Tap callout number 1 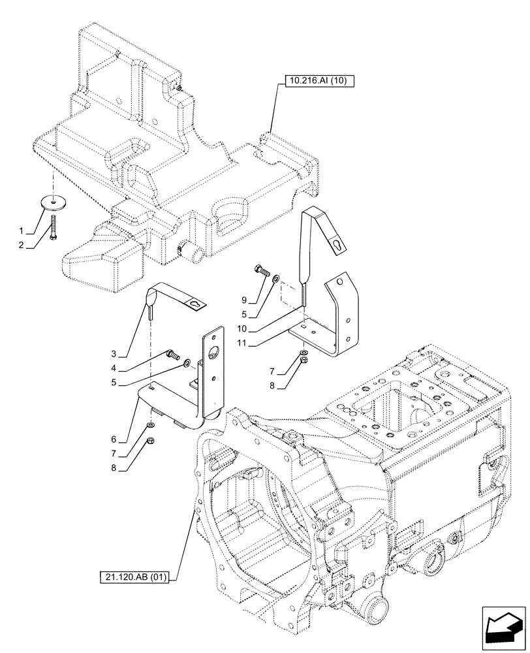click(x=21, y=231)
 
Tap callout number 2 click(x=21, y=246)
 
